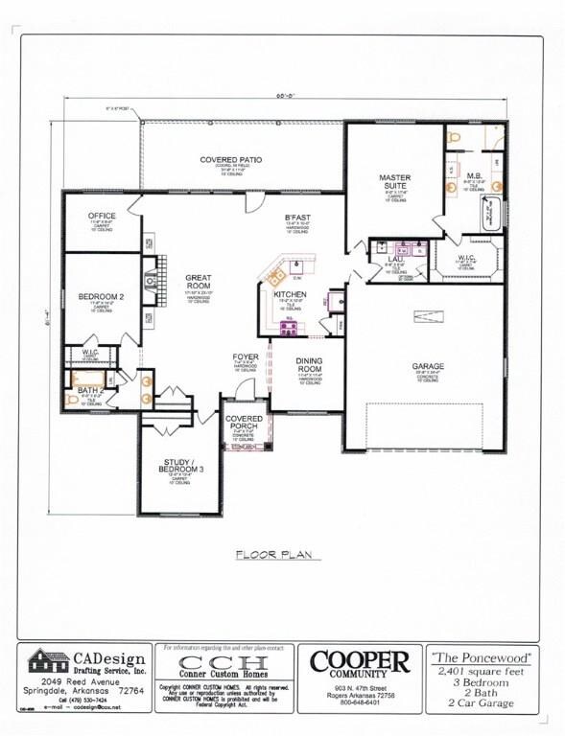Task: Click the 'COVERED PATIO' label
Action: pyautogui.click(x=231, y=159)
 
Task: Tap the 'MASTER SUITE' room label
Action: pyautogui.click(x=394, y=182)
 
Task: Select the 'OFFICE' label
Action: pyautogui.click(x=102, y=216)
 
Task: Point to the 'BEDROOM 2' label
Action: pyautogui.click(x=102, y=297)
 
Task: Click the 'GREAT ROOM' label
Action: pyautogui.click(x=199, y=283)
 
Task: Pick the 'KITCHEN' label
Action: pyautogui.click(x=290, y=294)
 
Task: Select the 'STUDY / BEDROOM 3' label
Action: pyautogui.click(x=181, y=467)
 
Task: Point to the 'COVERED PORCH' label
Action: pyautogui.click(x=245, y=425)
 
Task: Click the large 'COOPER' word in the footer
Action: pyautogui.click(x=360, y=660)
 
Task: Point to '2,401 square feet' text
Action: pyautogui.click(x=483, y=672)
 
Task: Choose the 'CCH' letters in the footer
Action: pyautogui.click(x=226, y=664)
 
